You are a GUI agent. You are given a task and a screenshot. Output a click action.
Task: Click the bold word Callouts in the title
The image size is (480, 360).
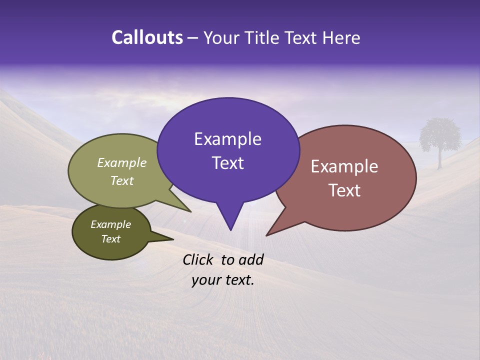click(x=147, y=38)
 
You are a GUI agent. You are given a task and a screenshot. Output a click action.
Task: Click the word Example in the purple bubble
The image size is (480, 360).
click(x=227, y=139)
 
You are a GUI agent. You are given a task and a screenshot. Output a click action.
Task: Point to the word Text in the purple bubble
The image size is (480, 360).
click(x=227, y=163)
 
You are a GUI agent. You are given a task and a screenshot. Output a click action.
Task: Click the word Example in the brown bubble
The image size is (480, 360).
click(x=344, y=166)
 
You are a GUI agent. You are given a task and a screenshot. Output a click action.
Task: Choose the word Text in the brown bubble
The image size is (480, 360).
click(x=344, y=190)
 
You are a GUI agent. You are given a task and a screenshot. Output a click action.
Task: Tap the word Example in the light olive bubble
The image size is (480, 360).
click(x=122, y=163)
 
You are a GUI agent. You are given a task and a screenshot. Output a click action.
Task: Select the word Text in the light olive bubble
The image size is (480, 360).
click(x=122, y=181)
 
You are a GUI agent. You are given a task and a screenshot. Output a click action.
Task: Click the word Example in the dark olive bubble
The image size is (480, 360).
click(x=110, y=224)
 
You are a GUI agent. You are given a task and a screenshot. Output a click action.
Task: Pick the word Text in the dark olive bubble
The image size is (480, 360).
click(x=110, y=239)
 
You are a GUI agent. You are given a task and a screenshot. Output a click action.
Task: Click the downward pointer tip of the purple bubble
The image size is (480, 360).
click(x=230, y=230)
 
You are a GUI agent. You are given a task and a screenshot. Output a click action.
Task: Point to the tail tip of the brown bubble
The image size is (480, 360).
click(x=266, y=235)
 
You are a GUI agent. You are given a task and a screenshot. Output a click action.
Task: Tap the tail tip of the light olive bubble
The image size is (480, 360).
click(x=190, y=212)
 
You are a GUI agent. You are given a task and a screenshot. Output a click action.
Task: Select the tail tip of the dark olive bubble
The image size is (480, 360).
click(x=173, y=239)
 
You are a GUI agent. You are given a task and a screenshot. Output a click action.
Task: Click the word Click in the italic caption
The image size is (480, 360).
click(x=197, y=259)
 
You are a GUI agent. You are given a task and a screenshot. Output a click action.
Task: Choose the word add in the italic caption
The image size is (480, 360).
click(x=251, y=259)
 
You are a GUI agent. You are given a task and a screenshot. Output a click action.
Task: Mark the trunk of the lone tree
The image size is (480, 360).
click(x=440, y=159)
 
